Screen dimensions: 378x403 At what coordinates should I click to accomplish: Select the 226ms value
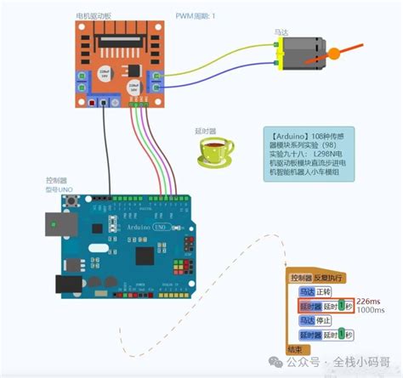point(368,301)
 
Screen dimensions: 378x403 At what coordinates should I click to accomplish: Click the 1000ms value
point(370,311)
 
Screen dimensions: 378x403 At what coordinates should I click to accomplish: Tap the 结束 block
point(296,349)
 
